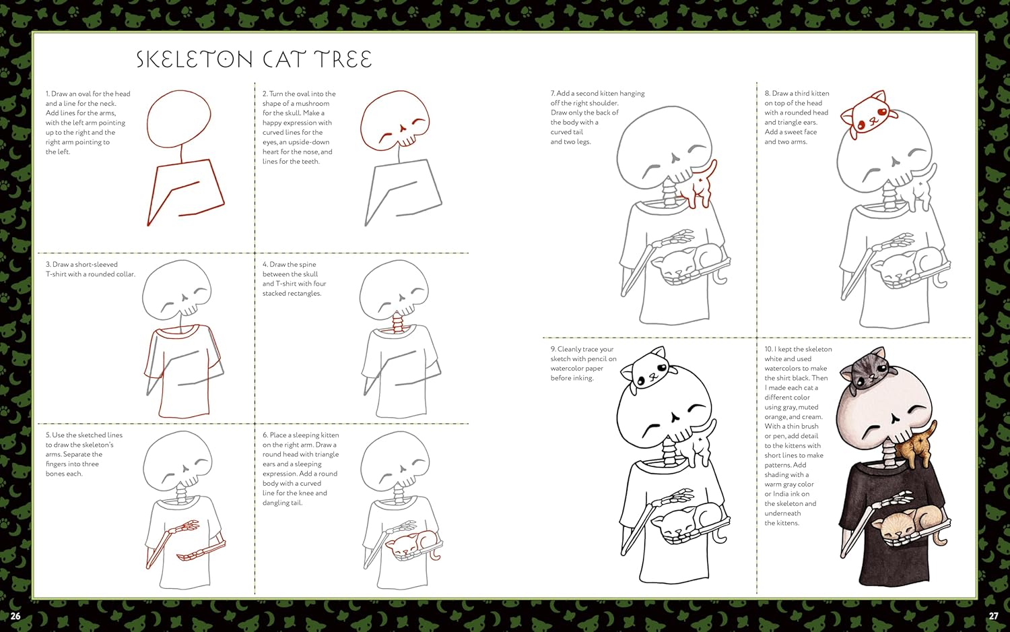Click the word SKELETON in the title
tap(195, 59)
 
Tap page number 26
tap(15, 617)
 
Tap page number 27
tap(993, 617)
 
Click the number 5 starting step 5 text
tap(48, 435)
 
